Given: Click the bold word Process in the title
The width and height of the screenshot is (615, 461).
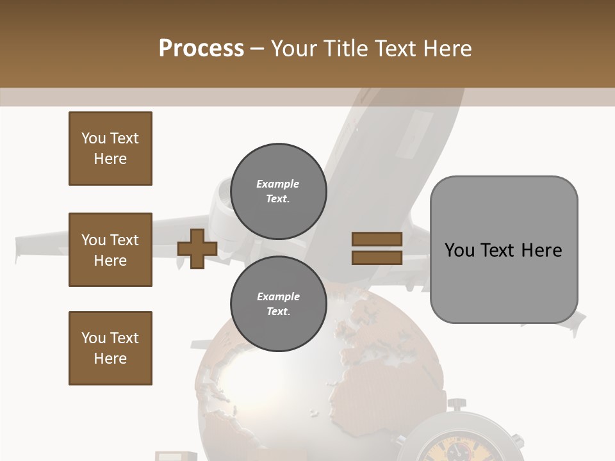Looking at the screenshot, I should [201, 49].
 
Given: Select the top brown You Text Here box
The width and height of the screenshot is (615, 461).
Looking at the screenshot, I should [110, 149].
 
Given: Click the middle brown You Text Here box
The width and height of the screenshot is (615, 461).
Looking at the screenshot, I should [110, 250].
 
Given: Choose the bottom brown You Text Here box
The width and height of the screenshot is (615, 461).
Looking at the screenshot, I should [110, 348].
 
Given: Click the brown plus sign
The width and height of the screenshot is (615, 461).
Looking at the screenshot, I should [197, 248].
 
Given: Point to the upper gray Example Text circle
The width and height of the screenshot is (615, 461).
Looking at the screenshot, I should [278, 191].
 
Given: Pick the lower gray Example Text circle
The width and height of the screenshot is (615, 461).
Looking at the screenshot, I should [278, 304].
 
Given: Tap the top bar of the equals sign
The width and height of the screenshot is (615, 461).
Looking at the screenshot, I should [377, 239].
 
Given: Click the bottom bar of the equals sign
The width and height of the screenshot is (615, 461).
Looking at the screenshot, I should [377, 257].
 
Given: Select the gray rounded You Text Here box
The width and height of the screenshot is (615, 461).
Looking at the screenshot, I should [504, 250].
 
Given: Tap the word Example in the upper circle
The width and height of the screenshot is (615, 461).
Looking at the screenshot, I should [277, 184].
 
